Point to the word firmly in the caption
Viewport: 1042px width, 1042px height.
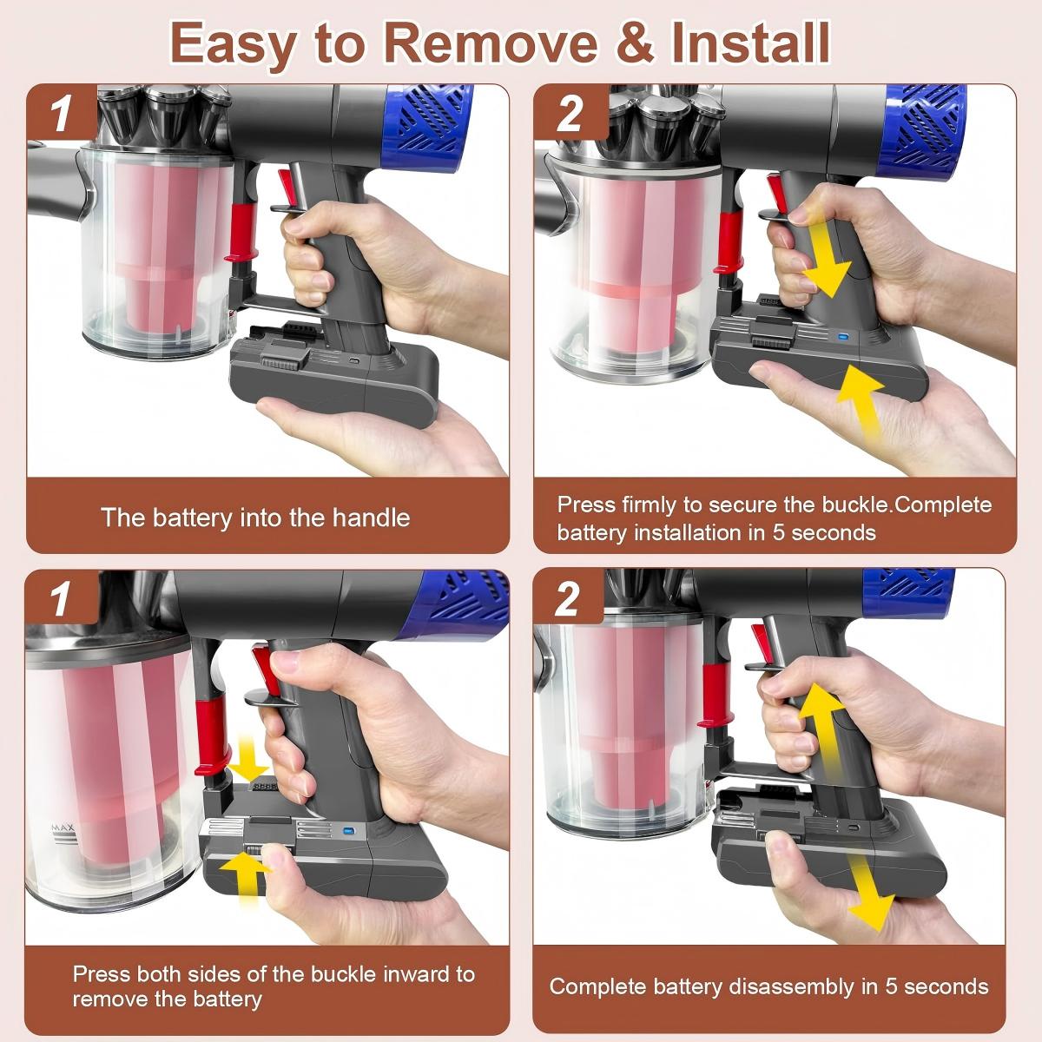[x=650, y=505]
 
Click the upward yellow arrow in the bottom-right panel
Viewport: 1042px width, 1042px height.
[x=821, y=728]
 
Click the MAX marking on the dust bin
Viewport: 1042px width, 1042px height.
[x=63, y=828]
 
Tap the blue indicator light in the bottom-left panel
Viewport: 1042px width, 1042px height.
[x=347, y=829]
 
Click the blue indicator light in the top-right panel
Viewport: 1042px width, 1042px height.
[x=841, y=337]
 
